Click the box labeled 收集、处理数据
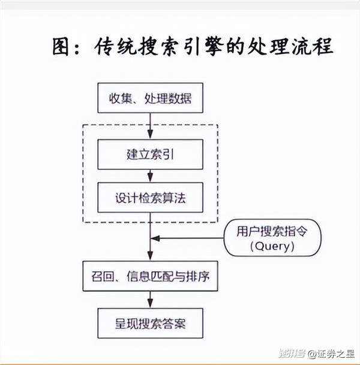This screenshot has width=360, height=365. click(x=150, y=98)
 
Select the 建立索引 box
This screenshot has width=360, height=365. click(x=150, y=154)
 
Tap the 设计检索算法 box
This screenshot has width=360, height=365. click(x=150, y=197)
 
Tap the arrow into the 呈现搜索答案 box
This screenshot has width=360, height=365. click(x=150, y=300)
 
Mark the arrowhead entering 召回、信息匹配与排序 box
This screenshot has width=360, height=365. click(x=150, y=257)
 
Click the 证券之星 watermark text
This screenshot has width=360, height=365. click(x=335, y=353)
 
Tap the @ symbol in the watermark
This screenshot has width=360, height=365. click(x=312, y=353)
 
